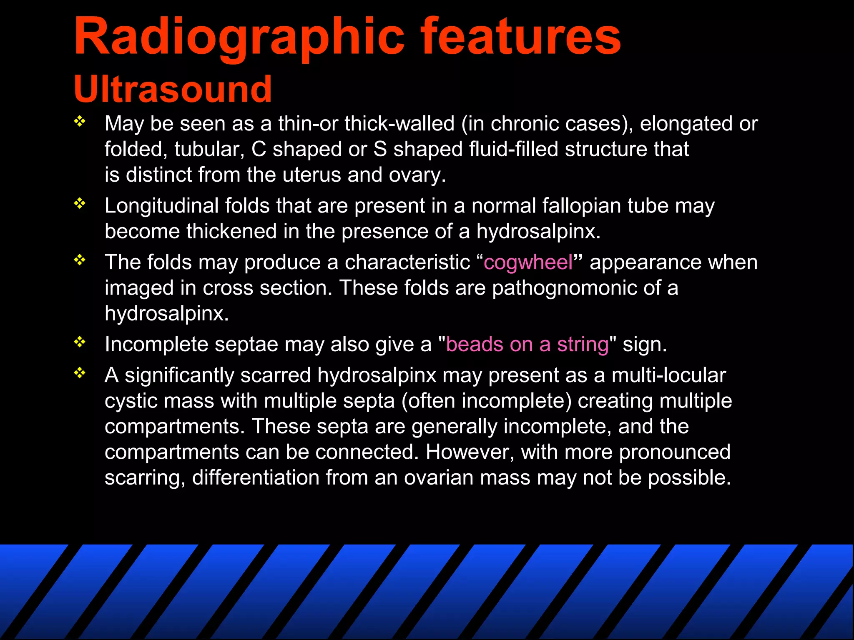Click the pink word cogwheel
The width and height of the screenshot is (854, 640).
coord(528,262)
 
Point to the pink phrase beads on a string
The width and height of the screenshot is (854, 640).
coord(527,345)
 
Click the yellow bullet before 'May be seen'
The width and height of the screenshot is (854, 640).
coord(79,122)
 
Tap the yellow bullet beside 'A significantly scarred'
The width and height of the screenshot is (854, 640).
coord(79,373)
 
